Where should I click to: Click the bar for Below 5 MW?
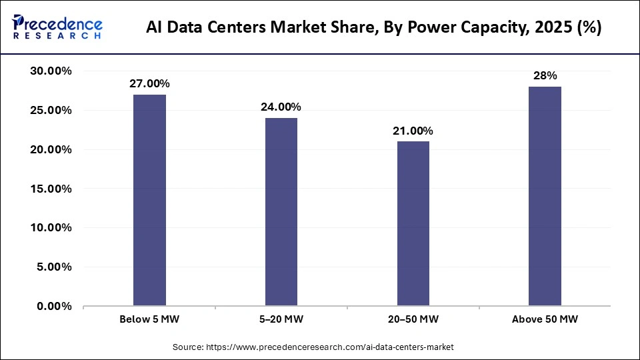coord(149,200)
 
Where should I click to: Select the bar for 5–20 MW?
coord(281,212)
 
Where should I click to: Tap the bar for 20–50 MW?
coord(413,223)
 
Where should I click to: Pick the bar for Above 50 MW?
coord(545,196)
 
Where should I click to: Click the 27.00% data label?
coord(149,84)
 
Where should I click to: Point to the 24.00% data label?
coord(281,107)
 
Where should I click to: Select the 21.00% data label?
coord(413,131)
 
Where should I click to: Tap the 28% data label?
coord(545,76)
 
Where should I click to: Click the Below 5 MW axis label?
coord(149,319)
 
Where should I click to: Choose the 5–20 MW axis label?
coord(281,319)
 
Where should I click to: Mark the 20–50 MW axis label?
coord(413,319)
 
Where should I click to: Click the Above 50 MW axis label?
coord(545,319)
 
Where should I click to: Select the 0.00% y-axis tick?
coord(55,306)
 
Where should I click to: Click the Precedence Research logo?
coord(57,27)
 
